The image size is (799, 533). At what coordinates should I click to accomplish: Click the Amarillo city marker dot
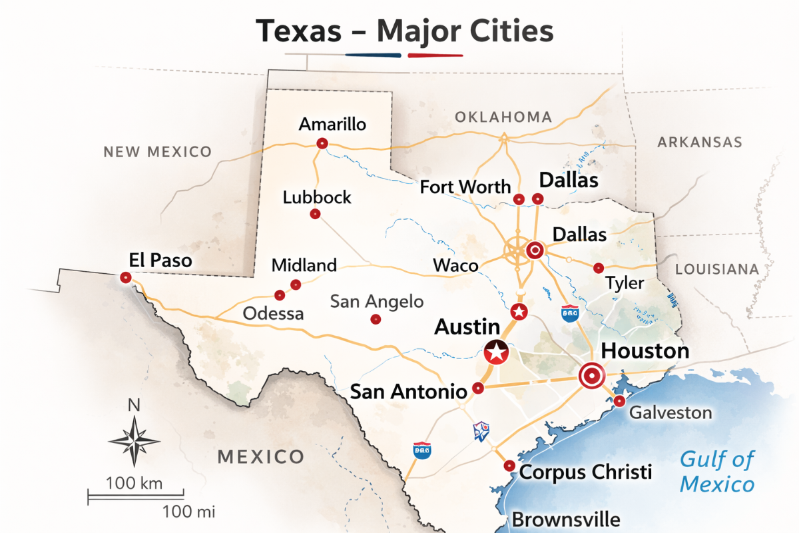click(322, 143)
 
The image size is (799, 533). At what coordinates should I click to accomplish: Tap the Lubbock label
click(317, 198)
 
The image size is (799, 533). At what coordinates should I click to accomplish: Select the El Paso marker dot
click(125, 278)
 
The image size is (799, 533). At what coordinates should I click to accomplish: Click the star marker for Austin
click(495, 353)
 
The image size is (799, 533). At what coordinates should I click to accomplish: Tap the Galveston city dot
click(619, 401)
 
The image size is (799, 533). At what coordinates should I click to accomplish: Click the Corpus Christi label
click(585, 472)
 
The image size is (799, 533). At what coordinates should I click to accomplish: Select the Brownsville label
click(566, 519)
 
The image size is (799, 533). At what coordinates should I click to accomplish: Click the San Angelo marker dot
click(375, 320)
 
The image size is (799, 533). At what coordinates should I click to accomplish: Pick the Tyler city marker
click(598, 268)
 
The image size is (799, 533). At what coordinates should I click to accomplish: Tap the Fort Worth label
click(465, 187)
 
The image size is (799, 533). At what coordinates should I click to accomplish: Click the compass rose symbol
click(134, 440)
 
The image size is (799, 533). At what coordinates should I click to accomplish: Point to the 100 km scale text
click(134, 484)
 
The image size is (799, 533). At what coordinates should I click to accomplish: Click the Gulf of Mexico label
click(717, 471)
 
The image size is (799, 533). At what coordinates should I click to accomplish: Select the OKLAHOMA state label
click(503, 117)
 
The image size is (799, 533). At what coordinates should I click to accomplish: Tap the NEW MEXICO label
click(157, 152)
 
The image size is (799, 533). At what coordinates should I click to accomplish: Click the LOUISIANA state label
click(717, 269)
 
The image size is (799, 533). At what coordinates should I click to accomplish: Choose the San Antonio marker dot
click(477, 388)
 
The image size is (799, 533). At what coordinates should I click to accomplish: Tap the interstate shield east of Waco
click(569, 314)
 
